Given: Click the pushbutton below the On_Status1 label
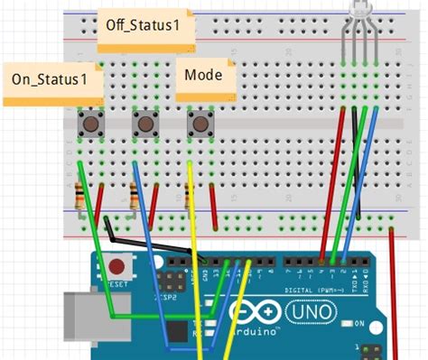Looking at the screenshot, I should pos(90,123).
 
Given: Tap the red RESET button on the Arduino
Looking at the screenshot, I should pos(116,266).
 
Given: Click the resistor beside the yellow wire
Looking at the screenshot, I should pos(187,196).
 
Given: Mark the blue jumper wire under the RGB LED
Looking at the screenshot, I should pos(362,180).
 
